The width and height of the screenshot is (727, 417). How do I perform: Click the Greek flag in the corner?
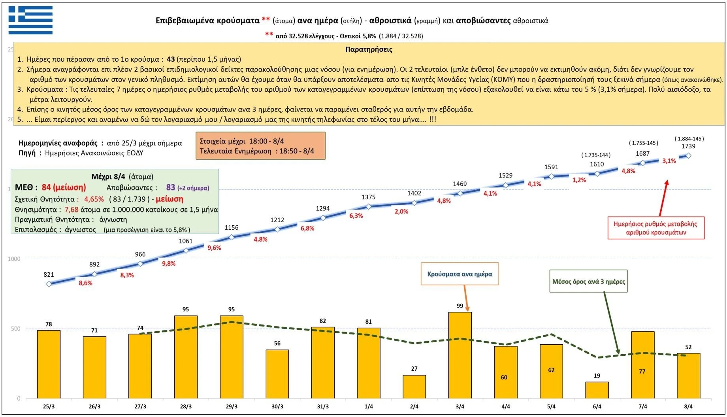tap(30, 20)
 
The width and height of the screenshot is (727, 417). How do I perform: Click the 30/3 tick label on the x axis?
tap(277, 406)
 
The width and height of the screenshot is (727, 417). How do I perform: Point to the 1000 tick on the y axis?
tap(14, 259)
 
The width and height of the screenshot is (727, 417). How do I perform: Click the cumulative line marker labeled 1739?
tap(688, 156)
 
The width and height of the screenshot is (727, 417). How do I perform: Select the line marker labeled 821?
tap(49, 284)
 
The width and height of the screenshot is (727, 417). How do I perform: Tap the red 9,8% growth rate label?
tap(169, 263)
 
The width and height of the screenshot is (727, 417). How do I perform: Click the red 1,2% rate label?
tap(579, 180)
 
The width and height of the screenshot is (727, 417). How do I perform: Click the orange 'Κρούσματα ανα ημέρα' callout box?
tap(460, 274)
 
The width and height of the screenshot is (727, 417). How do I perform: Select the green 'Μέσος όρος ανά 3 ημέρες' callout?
tap(588, 281)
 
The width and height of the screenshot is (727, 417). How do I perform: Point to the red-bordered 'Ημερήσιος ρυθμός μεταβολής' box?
tap(655, 228)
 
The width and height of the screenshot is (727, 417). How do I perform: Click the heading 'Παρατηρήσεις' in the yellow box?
tap(369, 49)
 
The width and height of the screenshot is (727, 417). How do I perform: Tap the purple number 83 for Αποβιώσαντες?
tap(170, 187)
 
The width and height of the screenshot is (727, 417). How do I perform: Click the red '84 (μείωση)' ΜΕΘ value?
tap(64, 187)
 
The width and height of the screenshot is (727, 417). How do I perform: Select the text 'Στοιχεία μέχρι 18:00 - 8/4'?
tap(242, 141)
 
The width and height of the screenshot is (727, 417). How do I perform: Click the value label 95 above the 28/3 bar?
tap(186, 309)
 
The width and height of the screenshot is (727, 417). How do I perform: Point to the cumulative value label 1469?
tap(460, 184)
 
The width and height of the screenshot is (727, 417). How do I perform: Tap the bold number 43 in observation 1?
tap(171, 59)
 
